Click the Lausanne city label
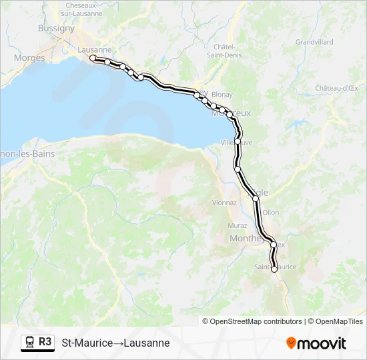click(x=94, y=50)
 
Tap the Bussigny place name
click(x=57, y=29)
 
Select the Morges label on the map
click(x=29, y=58)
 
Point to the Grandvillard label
click(x=314, y=41)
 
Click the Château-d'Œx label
click(x=338, y=88)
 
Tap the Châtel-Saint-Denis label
click(x=228, y=51)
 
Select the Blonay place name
click(x=222, y=95)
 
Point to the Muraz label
click(x=237, y=225)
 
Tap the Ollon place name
click(x=271, y=212)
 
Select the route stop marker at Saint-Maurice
click(x=274, y=269)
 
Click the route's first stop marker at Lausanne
click(x=93, y=59)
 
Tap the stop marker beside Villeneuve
click(x=238, y=141)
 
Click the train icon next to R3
click(x=30, y=343)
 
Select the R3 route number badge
click(x=45, y=342)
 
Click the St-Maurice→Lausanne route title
click(x=115, y=343)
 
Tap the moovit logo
click(x=316, y=343)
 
